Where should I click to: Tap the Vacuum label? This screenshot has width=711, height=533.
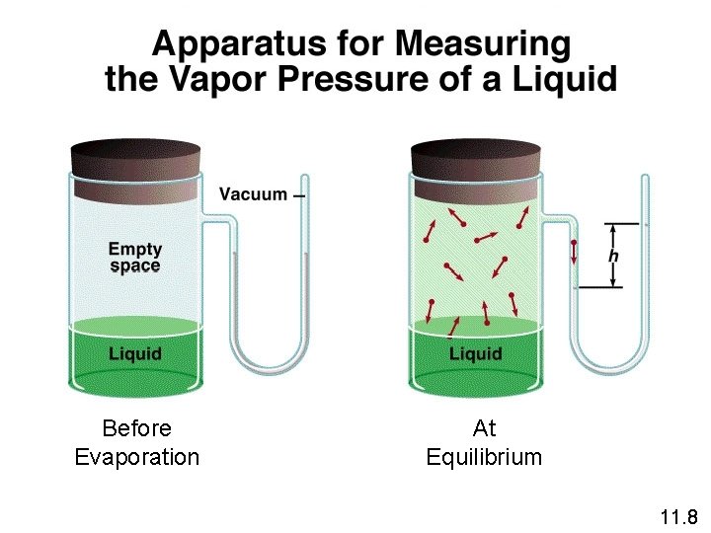point(253,194)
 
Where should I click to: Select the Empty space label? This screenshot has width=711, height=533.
point(134,258)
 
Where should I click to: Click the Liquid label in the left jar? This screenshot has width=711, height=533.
point(134,353)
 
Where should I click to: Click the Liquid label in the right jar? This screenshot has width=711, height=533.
point(475,353)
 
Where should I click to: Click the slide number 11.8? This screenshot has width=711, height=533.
point(678,516)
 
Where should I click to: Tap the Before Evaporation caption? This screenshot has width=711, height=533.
point(136,442)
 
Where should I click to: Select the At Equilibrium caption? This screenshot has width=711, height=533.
point(484,442)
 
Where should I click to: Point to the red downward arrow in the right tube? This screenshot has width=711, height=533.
point(574,253)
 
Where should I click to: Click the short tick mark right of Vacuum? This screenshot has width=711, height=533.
point(299,194)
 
